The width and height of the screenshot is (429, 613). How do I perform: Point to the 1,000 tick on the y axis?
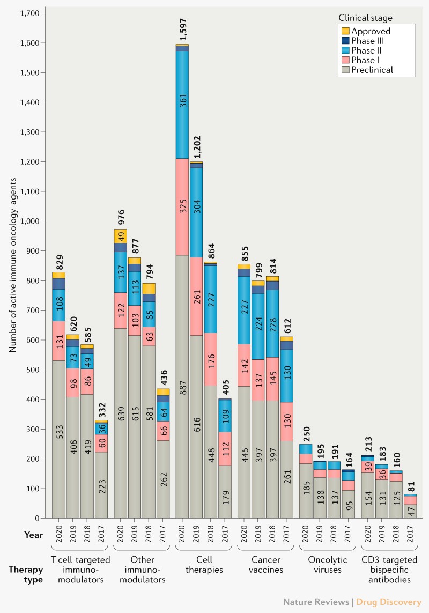(33, 221)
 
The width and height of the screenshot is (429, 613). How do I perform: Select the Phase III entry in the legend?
(367, 41)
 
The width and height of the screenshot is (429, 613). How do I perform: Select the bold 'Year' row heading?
(33, 535)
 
